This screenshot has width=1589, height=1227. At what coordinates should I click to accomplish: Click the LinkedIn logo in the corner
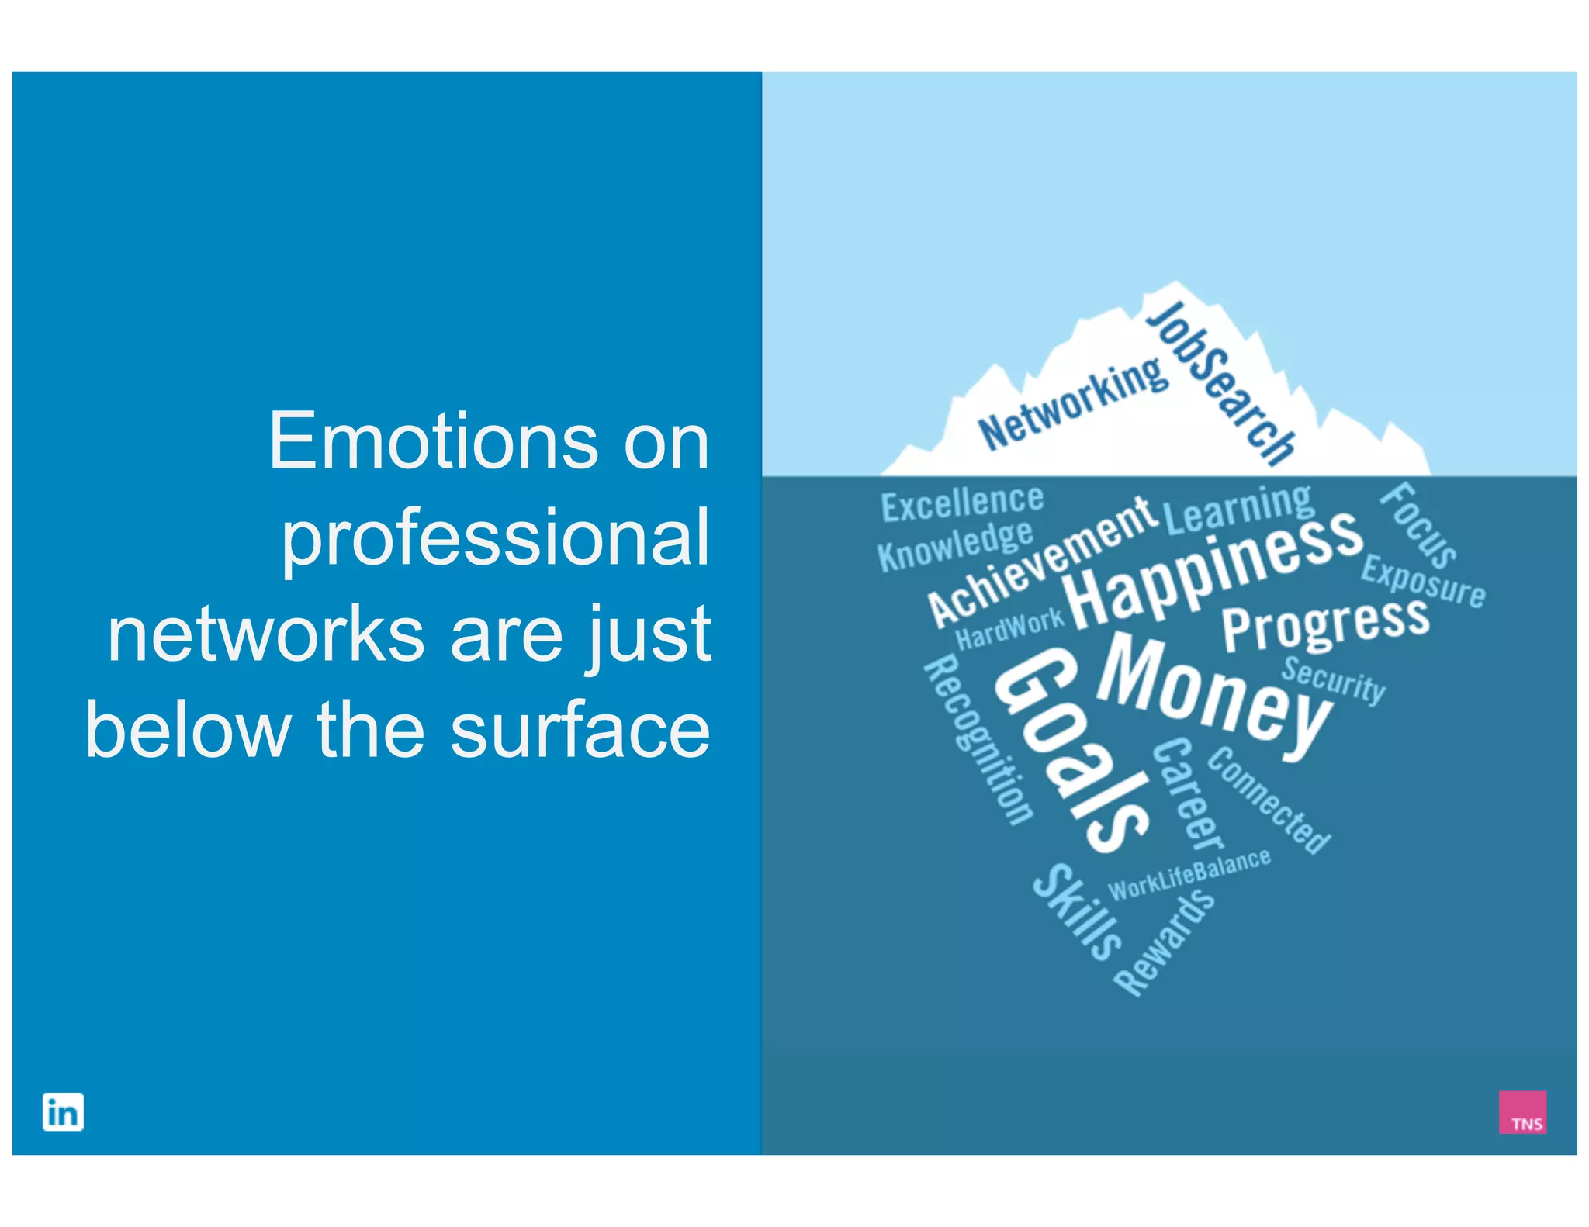pyautogui.click(x=63, y=1111)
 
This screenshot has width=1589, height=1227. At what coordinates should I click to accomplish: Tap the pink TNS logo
pyautogui.click(x=1521, y=1111)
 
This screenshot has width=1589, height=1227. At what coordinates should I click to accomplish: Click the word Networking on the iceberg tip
pyautogui.click(x=1073, y=404)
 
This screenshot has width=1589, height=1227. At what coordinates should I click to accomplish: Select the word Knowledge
pyautogui.click(x=955, y=546)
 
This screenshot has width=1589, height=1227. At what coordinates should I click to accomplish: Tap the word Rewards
pyautogui.click(x=1164, y=942)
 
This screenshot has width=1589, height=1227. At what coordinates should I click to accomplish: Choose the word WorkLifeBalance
pyautogui.click(x=1189, y=873)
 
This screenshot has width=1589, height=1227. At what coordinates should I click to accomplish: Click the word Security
pyautogui.click(x=1333, y=679)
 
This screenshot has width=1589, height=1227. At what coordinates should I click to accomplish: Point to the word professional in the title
pyautogui.click(x=495, y=537)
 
